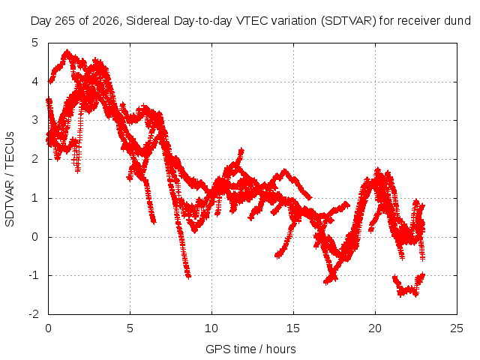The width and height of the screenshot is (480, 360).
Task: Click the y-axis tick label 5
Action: tap(35, 43)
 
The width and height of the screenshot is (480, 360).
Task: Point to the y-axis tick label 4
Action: tap(35, 82)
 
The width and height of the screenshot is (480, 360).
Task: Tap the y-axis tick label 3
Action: tap(35, 120)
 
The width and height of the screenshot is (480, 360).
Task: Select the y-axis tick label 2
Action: tap(35, 159)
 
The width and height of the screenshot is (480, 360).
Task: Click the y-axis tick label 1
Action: tap(35, 198)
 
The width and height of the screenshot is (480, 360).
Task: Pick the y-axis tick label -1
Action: tap(33, 275)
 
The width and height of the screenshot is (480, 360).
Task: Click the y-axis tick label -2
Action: tap(33, 314)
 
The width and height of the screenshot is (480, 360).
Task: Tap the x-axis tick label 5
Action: tap(130, 328)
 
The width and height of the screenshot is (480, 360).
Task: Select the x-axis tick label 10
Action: tap(211, 328)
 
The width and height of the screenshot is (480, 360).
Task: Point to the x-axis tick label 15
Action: tap(293, 328)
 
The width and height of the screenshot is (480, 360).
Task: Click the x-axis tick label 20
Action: tap(375, 328)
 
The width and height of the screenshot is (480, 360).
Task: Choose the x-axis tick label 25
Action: tap(457, 328)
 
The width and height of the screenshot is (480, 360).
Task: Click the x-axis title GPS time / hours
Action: tap(250, 349)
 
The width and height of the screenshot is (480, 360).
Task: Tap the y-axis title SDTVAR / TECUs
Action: tap(10, 179)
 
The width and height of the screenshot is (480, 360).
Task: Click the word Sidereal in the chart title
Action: tap(148, 21)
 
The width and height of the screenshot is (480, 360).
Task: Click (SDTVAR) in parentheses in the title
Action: tap(348, 21)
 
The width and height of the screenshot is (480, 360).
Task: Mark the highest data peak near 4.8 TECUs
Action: tap(67, 52)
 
